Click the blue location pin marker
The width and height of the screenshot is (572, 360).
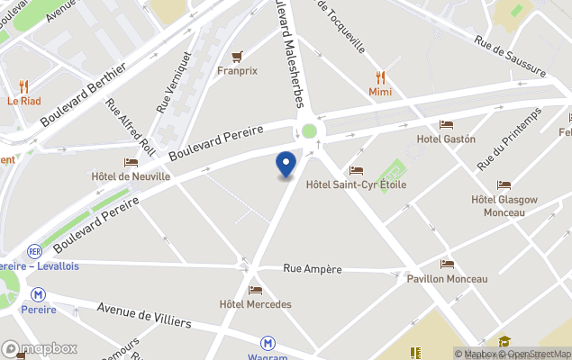[x=286, y=164]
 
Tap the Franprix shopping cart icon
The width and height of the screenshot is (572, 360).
[x=238, y=56]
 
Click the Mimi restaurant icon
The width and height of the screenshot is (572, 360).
[x=381, y=77]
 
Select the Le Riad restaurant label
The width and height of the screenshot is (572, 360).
[x=23, y=101]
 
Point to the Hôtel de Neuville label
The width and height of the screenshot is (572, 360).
[x=131, y=176]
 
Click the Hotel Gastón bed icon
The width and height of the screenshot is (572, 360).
[x=446, y=124]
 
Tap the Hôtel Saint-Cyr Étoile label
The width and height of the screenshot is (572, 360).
[x=356, y=184]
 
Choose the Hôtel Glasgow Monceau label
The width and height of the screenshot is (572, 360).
[x=504, y=205]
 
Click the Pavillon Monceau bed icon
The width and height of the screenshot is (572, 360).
[x=448, y=265]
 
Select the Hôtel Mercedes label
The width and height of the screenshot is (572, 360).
[x=255, y=304]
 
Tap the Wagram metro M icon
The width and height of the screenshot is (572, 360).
[x=268, y=343]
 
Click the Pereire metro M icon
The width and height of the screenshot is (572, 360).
[x=38, y=294]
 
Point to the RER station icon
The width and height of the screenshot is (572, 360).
[x=35, y=252]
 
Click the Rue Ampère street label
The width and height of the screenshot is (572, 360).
[x=313, y=268]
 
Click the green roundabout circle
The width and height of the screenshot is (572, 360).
[x=309, y=131]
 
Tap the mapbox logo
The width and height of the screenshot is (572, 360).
[x=40, y=348]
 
